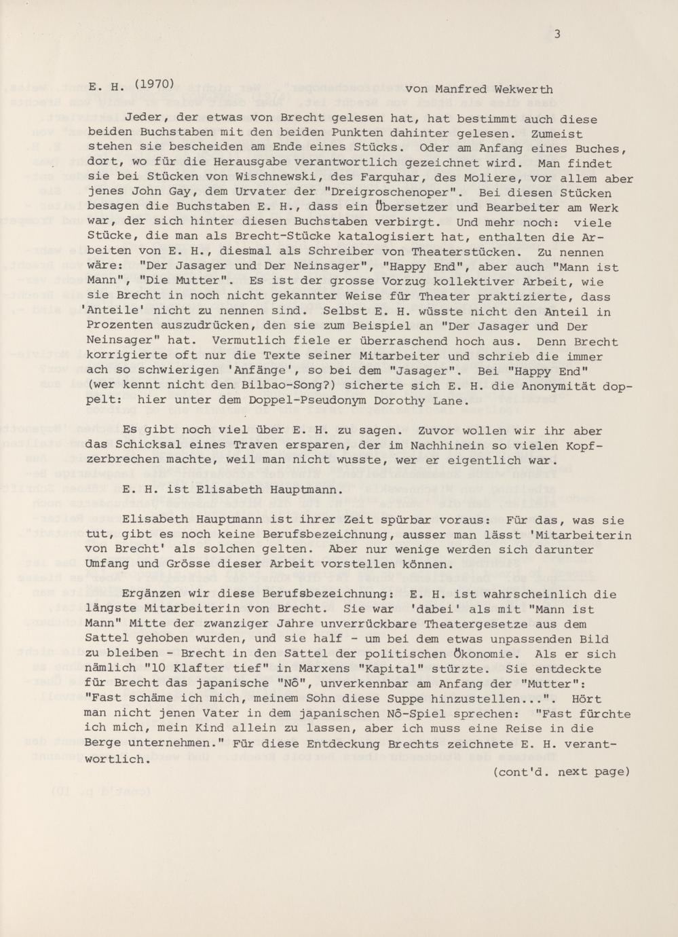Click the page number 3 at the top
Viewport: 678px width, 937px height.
[x=557, y=35]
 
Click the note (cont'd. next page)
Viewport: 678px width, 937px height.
[x=561, y=771]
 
